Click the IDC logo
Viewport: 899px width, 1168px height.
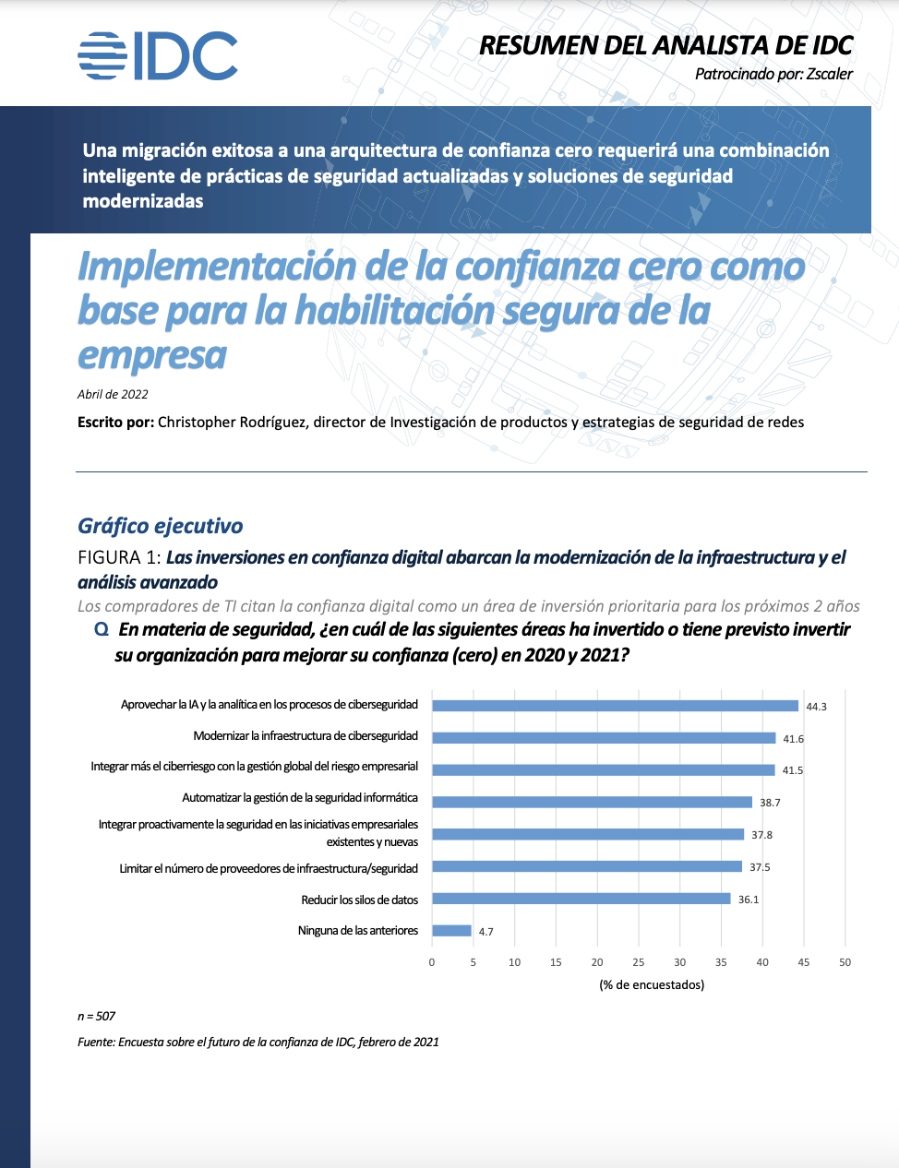(x=158, y=55)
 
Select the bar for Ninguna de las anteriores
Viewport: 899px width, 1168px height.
(x=451, y=931)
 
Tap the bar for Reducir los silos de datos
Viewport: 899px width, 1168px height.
(x=581, y=899)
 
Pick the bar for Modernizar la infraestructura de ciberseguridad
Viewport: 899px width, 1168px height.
(x=604, y=738)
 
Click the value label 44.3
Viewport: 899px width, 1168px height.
(x=816, y=707)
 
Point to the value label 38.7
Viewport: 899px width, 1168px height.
(x=770, y=803)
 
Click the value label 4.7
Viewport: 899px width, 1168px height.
(x=485, y=932)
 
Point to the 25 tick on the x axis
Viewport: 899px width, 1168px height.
(x=639, y=962)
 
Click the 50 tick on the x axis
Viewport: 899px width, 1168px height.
(x=845, y=962)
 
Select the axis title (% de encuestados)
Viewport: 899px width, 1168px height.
(x=652, y=984)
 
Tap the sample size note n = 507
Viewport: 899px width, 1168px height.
(x=96, y=1016)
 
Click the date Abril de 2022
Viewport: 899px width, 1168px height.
(x=113, y=394)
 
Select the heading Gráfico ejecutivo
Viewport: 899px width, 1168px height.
(x=161, y=526)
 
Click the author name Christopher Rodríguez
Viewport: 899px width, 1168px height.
(x=232, y=423)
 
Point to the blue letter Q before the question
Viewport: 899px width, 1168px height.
(x=102, y=629)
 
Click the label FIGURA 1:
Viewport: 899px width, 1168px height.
(x=119, y=557)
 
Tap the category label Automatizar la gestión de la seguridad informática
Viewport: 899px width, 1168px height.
(x=300, y=797)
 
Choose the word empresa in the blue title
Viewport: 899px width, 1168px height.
(x=152, y=355)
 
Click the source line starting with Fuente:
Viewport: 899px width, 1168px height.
(x=258, y=1042)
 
